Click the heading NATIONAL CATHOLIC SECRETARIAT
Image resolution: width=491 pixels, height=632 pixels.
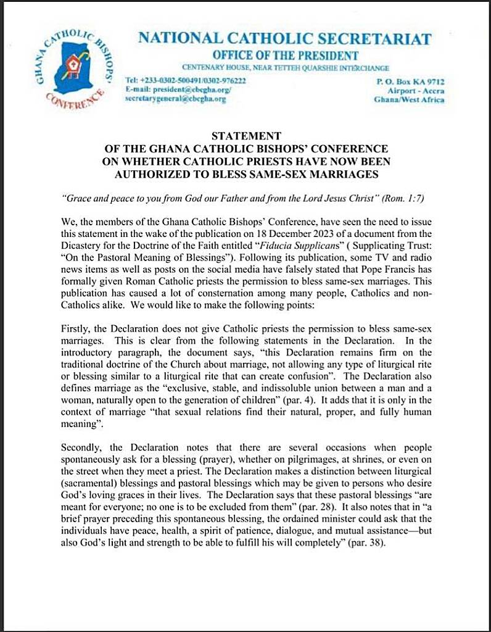click(284, 38)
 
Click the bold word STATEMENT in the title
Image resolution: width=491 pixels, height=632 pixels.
click(246, 136)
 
